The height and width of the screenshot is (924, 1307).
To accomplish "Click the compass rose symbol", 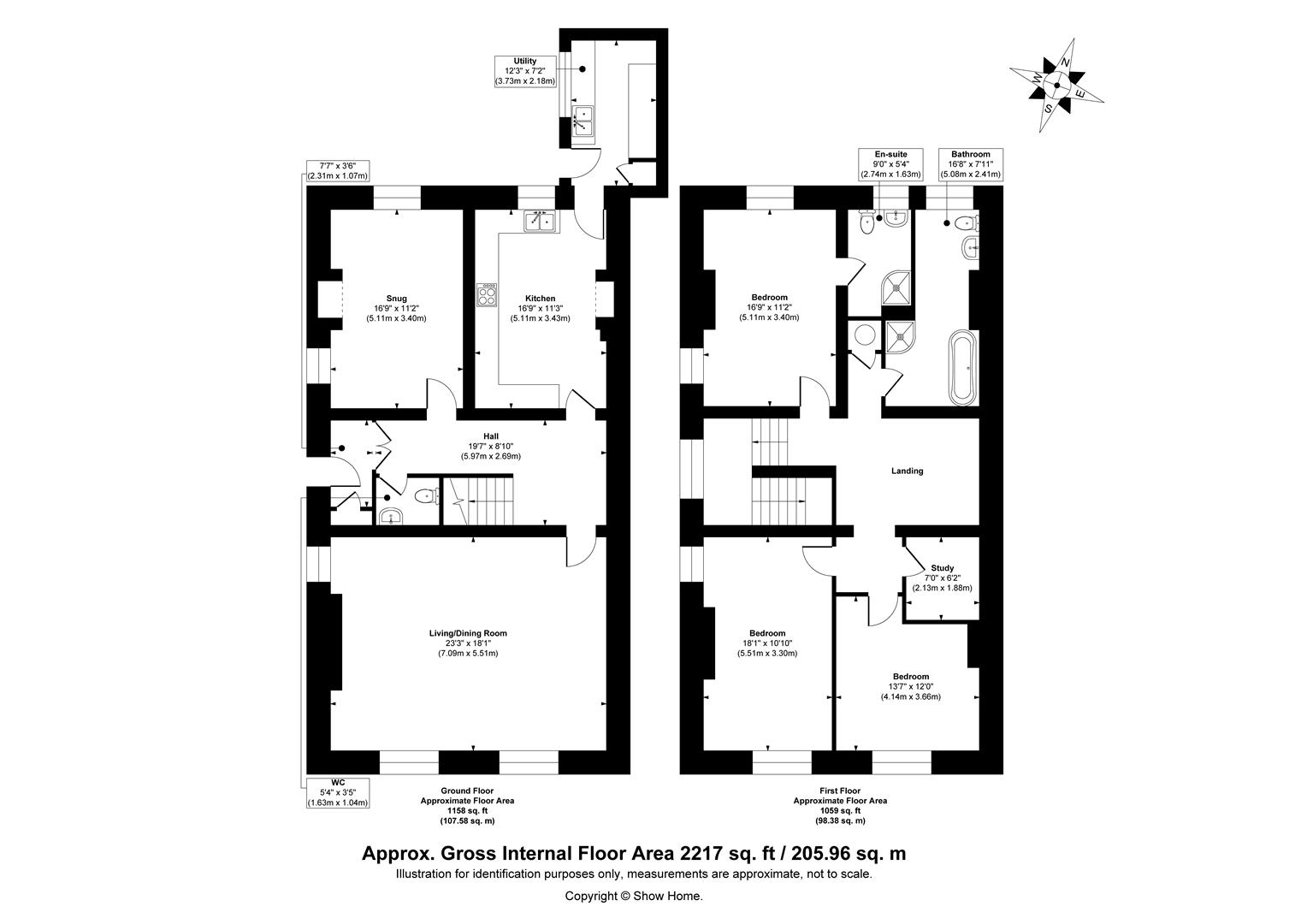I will [x=1056, y=85].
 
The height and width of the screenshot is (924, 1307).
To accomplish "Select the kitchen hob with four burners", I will [x=488, y=294].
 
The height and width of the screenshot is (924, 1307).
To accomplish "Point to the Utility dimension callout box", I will [x=525, y=71].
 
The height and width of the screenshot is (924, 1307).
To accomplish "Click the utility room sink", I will [x=583, y=121].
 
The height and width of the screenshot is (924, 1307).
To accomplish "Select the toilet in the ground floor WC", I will [x=425, y=495].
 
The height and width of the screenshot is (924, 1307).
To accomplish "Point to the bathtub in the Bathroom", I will [x=963, y=368].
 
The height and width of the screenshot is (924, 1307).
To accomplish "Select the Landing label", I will [x=907, y=471].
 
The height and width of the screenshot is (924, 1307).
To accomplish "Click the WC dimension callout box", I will [x=338, y=792].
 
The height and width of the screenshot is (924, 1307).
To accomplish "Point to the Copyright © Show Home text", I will [x=634, y=896].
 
